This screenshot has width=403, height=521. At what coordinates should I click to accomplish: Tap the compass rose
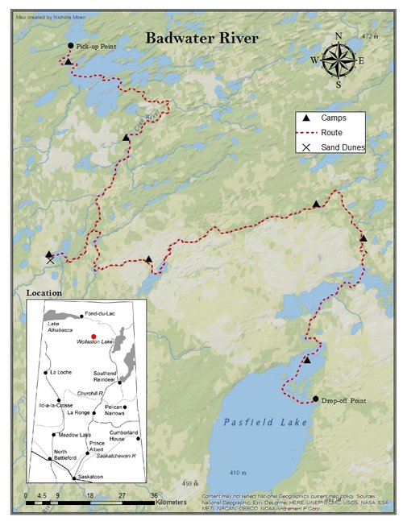[x=338, y=60]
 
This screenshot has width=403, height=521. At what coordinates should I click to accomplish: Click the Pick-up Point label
[x=98, y=47]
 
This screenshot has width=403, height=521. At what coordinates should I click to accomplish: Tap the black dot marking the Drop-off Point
[x=315, y=399]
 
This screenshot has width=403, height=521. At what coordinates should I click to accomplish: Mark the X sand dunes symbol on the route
[x=50, y=260]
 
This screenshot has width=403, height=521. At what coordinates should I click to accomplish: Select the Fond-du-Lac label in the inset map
[x=103, y=314]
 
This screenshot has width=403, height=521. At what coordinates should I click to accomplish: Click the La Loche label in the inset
[x=61, y=373]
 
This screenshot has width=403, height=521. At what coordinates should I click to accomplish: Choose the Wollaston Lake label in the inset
[x=93, y=343]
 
